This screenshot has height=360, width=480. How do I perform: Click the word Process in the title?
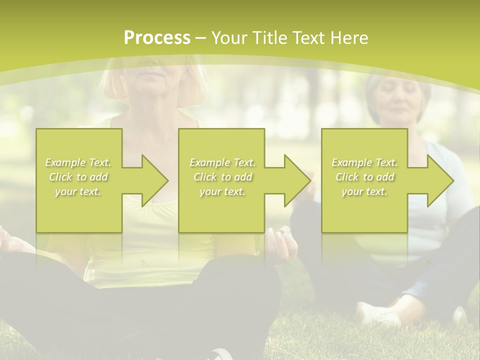click(157, 38)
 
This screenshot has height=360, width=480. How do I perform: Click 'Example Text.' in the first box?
click(78, 162)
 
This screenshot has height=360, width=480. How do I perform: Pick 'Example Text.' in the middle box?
click(222, 162)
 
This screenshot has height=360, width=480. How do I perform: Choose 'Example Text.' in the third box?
click(364, 162)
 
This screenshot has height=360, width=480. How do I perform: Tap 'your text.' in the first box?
click(78, 191)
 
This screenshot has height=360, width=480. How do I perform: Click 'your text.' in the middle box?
click(222, 191)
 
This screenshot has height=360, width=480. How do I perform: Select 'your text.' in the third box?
click(364, 191)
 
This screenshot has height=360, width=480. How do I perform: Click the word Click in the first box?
click(60, 177)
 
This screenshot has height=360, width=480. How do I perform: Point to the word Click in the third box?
click(347, 177)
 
